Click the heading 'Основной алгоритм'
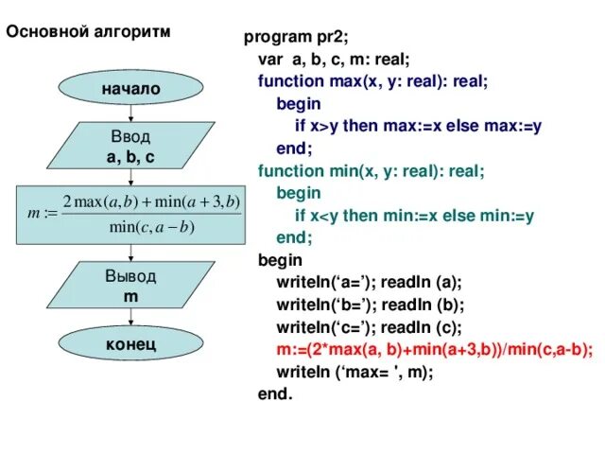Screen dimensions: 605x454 [x=90, y=31]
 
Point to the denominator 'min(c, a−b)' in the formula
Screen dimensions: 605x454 [x=151, y=226]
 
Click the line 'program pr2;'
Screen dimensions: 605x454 [x=296, y=38]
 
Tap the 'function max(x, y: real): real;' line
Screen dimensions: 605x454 [x=372, y=81]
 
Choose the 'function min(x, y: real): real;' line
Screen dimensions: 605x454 [x=371, y=171]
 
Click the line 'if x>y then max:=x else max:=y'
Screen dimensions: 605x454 [x=418, y=126]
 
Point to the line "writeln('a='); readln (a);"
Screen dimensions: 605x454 [x=369, y=282]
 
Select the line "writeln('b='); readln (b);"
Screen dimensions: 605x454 [x=370, y=305]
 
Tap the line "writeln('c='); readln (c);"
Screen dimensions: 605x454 [x=369, y=327]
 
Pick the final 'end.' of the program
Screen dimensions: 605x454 [x=275, y=393]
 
